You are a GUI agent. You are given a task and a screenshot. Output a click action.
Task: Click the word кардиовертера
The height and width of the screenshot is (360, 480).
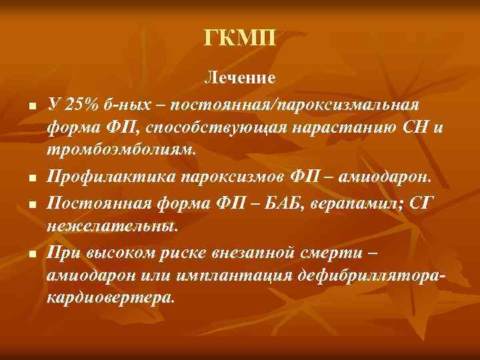110,298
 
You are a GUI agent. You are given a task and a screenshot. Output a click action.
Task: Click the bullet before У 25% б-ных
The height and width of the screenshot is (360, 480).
31,107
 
